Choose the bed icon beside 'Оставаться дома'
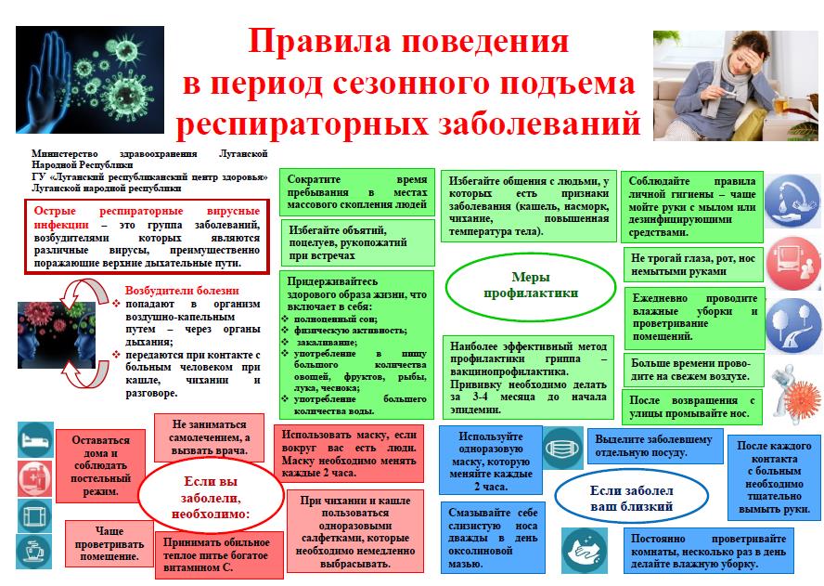(x=35, y=439)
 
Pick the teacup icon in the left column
(x=34, y=552)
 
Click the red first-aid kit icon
(x=35, y=479)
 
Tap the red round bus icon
(x=793, y=263)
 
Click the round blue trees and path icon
(x=793, y=324)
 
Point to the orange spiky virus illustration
(x=802, y=398)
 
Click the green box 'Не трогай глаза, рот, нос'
(x=692, y=265)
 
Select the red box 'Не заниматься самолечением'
(x=209, y=437)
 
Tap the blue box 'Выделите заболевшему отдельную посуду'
(x=655, y=446)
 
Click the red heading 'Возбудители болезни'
(x=182, y=291)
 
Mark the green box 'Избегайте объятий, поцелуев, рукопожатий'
(x=357, y=242)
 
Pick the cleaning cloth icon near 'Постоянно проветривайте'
(x=585, y=551)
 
